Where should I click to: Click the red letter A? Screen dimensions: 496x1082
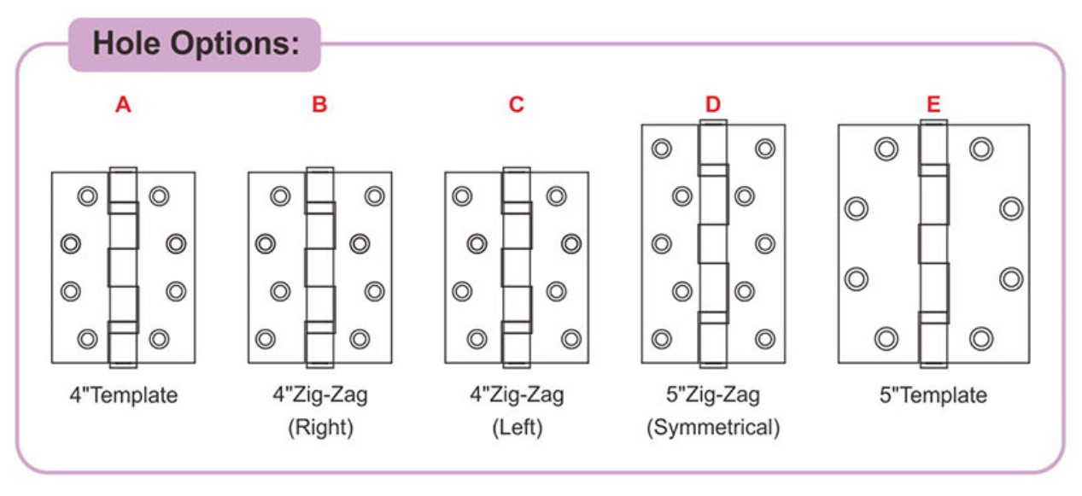pos(124,105)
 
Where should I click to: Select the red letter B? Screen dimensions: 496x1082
pos(319,105)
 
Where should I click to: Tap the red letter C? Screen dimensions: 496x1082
pos(516,105)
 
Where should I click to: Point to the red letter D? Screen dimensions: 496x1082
pos(713,105)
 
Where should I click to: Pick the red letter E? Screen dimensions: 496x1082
pos(933,105)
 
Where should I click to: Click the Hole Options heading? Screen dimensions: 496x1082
pos(195,44)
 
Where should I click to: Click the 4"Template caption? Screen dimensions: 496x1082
pos(124,395)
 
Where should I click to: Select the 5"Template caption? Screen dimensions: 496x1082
pos(933,395)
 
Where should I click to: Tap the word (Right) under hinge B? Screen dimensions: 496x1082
pos(320,428)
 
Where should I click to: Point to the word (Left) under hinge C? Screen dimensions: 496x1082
pos(517,428)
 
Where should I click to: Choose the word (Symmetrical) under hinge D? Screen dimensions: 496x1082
pos(713,428)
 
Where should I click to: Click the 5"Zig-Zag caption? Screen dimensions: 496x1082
pos(713,395)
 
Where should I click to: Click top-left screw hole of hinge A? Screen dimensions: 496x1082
pos(87,196)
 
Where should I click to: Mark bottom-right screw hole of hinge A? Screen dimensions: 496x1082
pos(159,339)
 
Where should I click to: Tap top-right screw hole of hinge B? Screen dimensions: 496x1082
pos(374,196)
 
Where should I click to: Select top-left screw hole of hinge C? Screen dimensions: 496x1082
pos(462,196)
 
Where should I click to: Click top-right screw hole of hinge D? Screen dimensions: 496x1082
pos(764,149)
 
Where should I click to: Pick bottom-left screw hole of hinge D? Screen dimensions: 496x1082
pos(662,339)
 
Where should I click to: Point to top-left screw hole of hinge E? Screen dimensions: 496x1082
pos(886,149)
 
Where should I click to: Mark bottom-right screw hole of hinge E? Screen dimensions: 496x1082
pos(981,339)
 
